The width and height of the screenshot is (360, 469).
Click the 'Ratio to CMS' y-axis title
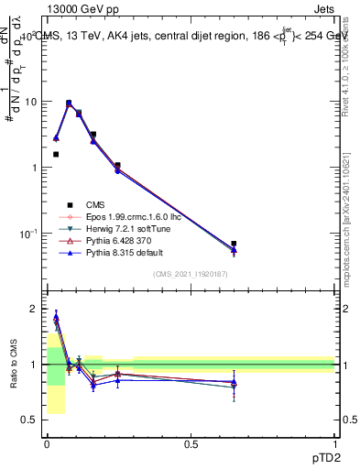(x=13, y=364)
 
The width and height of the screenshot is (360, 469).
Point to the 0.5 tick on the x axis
(x=191, y=445)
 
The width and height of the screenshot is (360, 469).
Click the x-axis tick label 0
(x=47, y=445)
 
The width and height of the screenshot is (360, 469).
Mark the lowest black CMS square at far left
(x=56, y=155)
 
